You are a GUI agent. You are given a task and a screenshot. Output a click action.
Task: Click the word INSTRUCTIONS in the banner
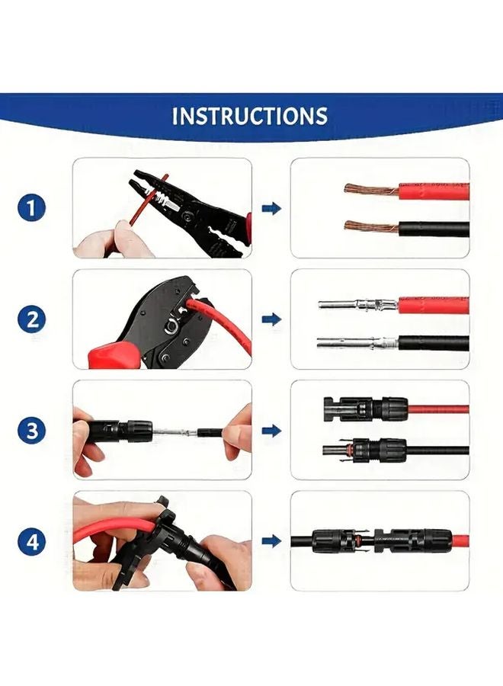250,116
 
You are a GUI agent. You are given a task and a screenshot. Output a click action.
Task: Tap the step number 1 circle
31,207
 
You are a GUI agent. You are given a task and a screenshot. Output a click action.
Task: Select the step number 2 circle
31,319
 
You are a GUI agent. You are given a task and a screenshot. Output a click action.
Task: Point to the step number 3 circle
31,431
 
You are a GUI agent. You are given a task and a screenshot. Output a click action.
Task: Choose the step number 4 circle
31,542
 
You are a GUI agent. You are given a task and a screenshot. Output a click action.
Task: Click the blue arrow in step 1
271,208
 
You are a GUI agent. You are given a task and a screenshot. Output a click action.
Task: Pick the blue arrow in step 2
271,319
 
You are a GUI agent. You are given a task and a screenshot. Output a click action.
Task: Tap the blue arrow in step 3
271,431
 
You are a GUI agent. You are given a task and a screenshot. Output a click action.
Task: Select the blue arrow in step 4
271,542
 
